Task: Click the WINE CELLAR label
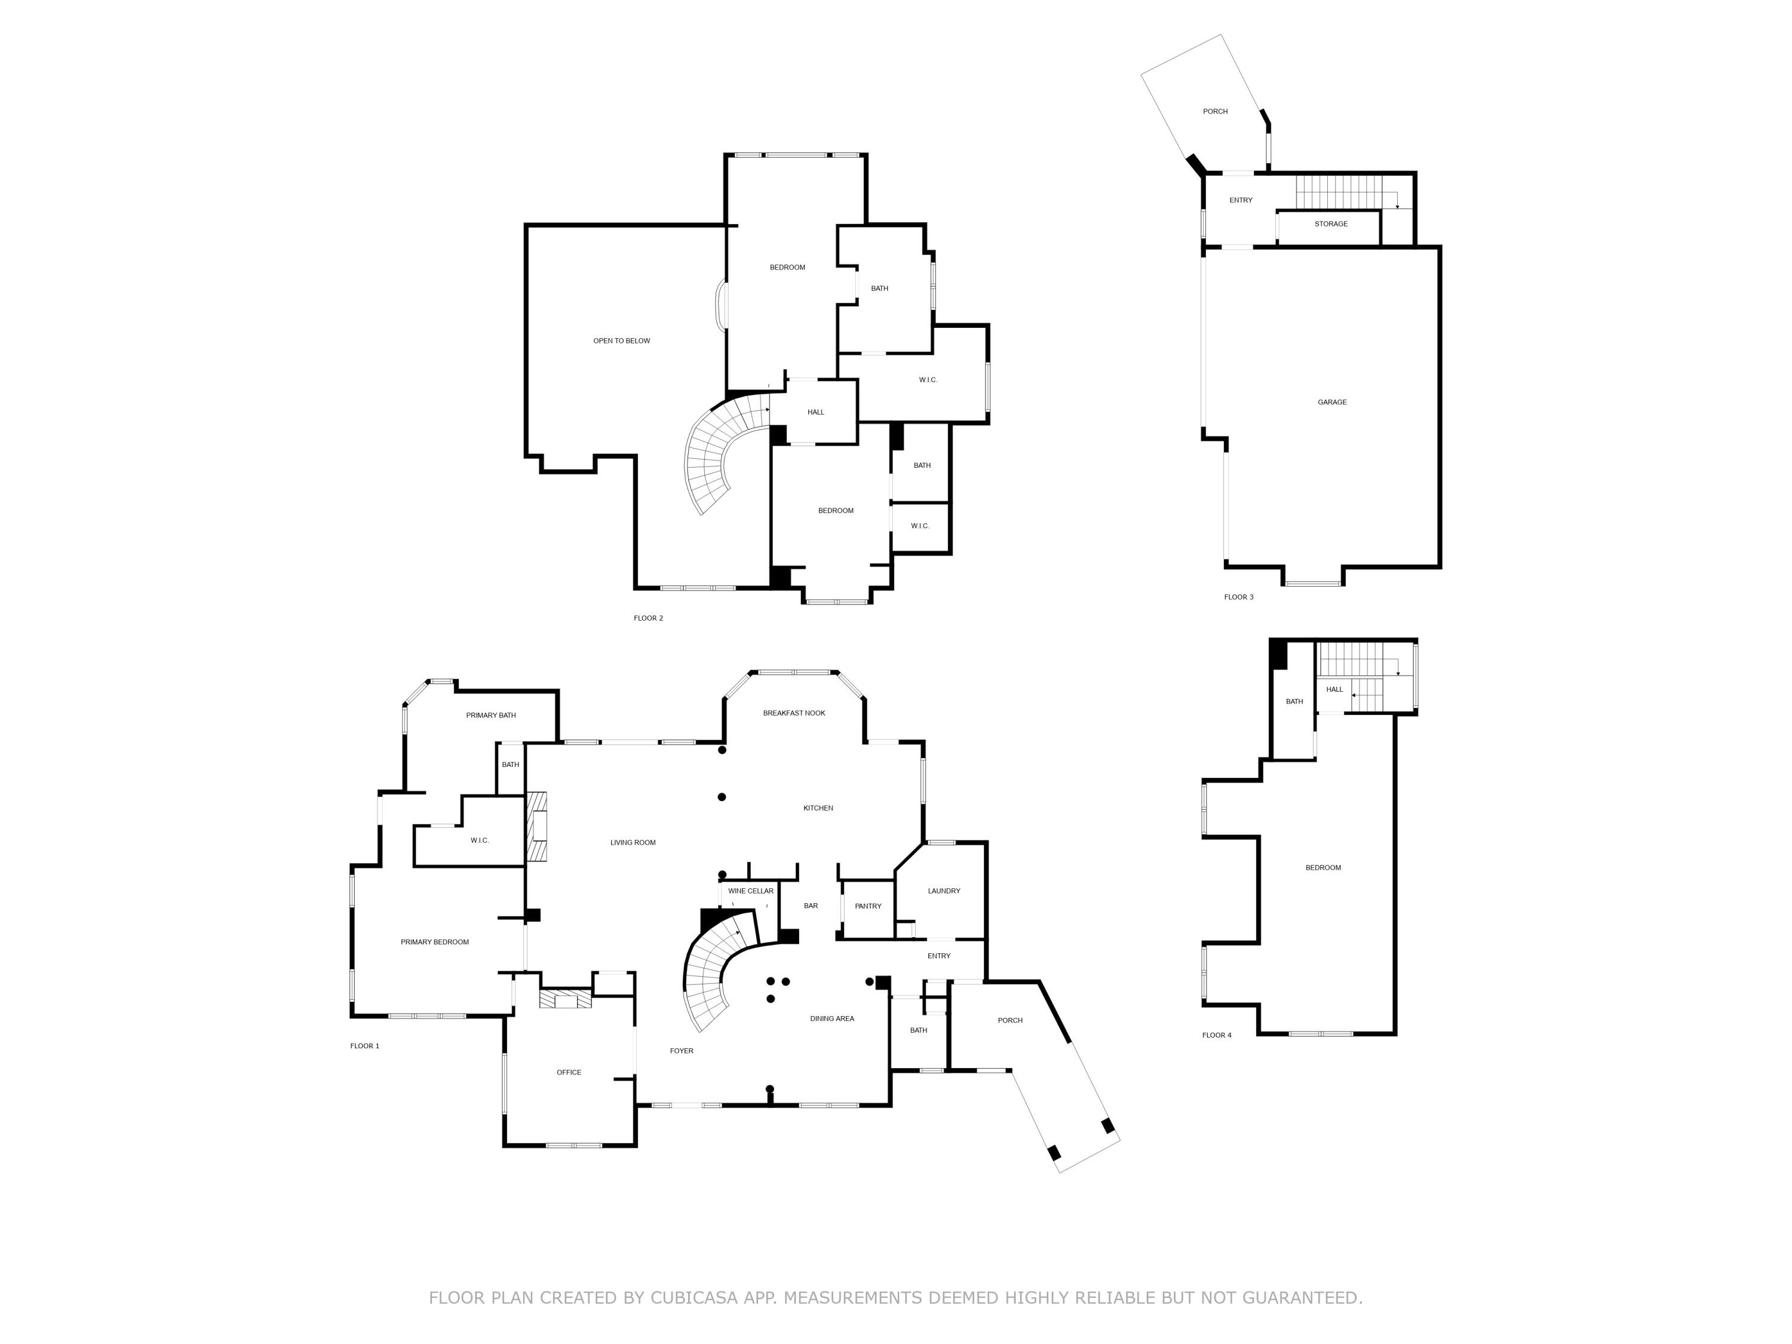pyautogui.click(x=750, y=891)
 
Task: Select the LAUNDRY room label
pyautogui.click(x=944, y=891)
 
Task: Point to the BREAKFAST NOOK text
pyautogui.click(x=794, y=713)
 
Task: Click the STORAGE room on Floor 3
pyautogui.click(x=1331, y=223)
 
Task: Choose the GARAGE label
pyautogui.click(x=1332, y=402)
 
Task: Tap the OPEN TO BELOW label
pyautogui.click(x=621, y=341)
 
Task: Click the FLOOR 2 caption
pyautogui.click(x=648, y=618)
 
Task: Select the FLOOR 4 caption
pyautogui.click(x=1217, y=1035)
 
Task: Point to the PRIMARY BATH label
pyautogui.click(x=491, y=716)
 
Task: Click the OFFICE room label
pyautogui.click(x=569, y=1073)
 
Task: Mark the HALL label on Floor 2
pyautogui.click(x=816, y=412)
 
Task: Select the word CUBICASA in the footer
pyautogui.click(x=694, y=1298)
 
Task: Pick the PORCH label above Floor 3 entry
pyautogui.click(x=1215, y=112)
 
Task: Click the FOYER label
pyautogui.click(x=682, y=1051)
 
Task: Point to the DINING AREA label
pyautogui.click(x=832, y=1019)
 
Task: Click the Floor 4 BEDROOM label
pyautogui.click(x=1323, y=868)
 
